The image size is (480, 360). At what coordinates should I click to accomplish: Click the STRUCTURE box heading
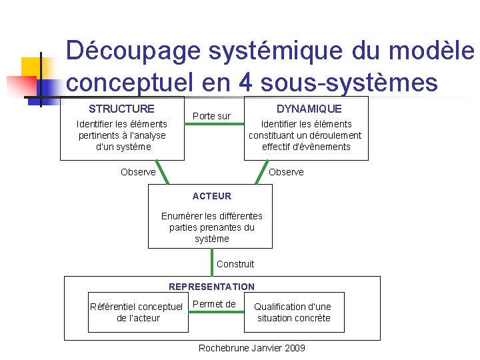[x=121, y=109]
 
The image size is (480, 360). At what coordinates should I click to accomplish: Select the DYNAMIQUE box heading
[x=309, y=109]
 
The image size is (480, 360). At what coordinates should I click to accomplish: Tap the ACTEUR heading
[x=211, y=196]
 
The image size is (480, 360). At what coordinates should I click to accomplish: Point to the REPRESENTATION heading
[x=211, y=287]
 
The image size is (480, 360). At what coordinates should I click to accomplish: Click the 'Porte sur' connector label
[x=211, y=116]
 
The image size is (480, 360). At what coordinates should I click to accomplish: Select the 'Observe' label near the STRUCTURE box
[x=138, y=172]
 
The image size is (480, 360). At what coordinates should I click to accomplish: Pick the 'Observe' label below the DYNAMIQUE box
[x=286, y=172]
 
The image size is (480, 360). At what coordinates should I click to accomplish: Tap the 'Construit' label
[x=235, y=264]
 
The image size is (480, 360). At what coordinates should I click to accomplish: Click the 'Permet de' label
[x=213, y=305]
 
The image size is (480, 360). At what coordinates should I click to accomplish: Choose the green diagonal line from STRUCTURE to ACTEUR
[x=162, y=172]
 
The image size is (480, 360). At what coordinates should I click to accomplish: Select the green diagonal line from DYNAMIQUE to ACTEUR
[x=260, y=172]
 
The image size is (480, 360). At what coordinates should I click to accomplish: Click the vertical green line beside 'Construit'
[x=212, y=262]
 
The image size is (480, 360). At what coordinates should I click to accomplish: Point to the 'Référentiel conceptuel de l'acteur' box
[x=137, y=312]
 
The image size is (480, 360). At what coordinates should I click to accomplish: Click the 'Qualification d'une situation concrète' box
[x=293, y=312]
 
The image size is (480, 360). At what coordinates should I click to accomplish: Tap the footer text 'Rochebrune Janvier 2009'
[x=252, y=348]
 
